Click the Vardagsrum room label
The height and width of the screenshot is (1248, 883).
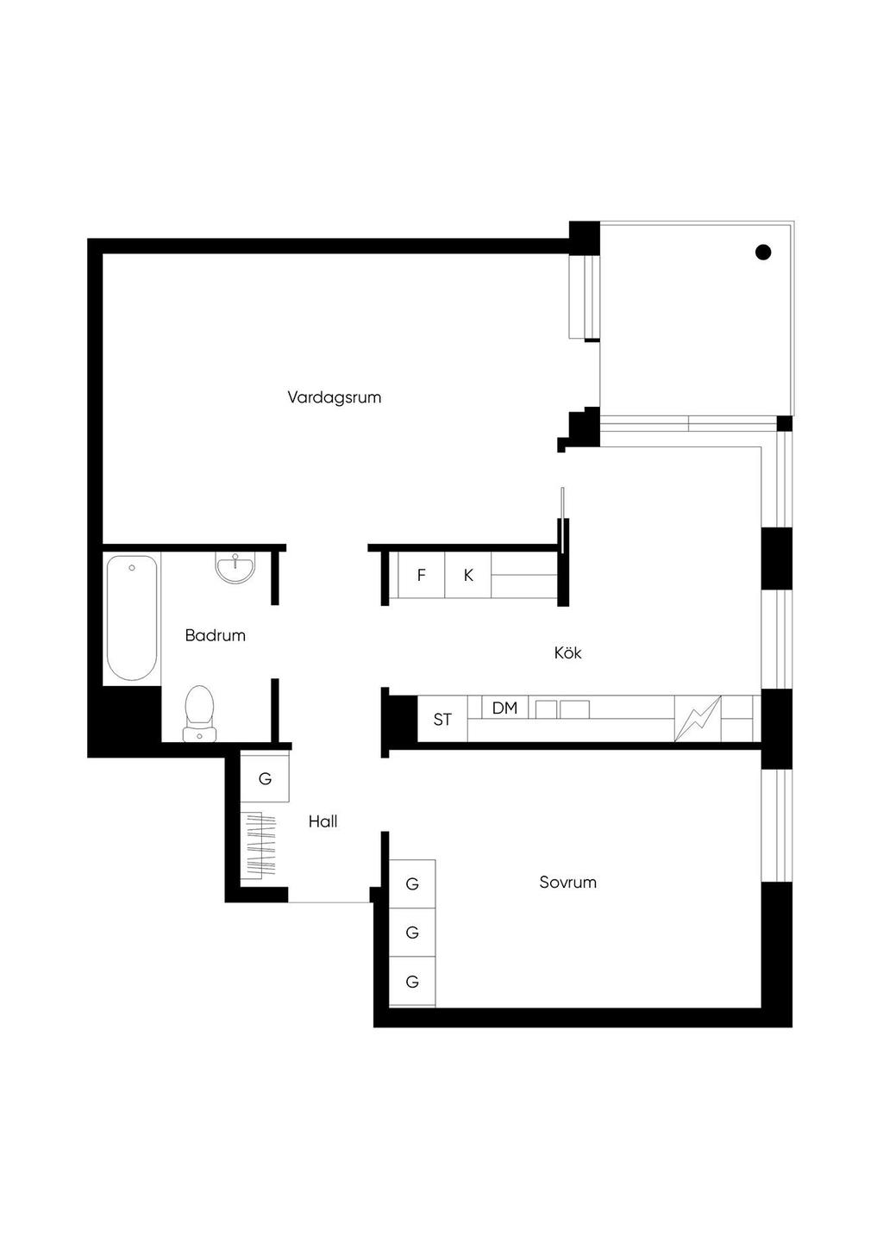(x=334, y=398)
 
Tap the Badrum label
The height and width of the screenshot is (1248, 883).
(x=216, y=636)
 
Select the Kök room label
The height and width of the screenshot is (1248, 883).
(x=567, y=652)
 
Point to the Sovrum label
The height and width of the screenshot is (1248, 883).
(x=567, y=882)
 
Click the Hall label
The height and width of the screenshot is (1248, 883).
(x=323, y=821)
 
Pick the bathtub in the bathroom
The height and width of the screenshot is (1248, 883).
(x=132, y=618)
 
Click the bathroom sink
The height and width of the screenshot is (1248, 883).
(x=235, y=568)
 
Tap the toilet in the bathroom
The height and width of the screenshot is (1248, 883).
(x=199, y=714)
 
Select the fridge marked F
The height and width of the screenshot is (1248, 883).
(x=422, y=575)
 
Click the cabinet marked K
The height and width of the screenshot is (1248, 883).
(x=468, y=575)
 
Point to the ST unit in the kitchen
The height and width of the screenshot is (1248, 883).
(x=442, y=719)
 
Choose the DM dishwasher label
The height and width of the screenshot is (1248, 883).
(x=505, y=708)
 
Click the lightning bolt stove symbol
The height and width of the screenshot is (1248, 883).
(x=698, y=719)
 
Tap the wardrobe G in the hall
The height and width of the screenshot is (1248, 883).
(x=265, y=778)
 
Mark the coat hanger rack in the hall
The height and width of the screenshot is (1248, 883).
(x=259, y=846)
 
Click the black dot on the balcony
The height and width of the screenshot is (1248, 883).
(x=763, y=253)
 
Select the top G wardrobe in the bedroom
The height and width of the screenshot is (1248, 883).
(x=412, y=884)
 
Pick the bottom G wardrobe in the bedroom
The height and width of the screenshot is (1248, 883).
(x=412, y=982)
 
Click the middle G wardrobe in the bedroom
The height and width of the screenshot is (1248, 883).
(x=412, y=933)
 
